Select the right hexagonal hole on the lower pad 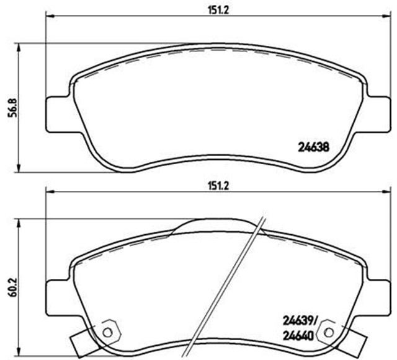tap(325, 332)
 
